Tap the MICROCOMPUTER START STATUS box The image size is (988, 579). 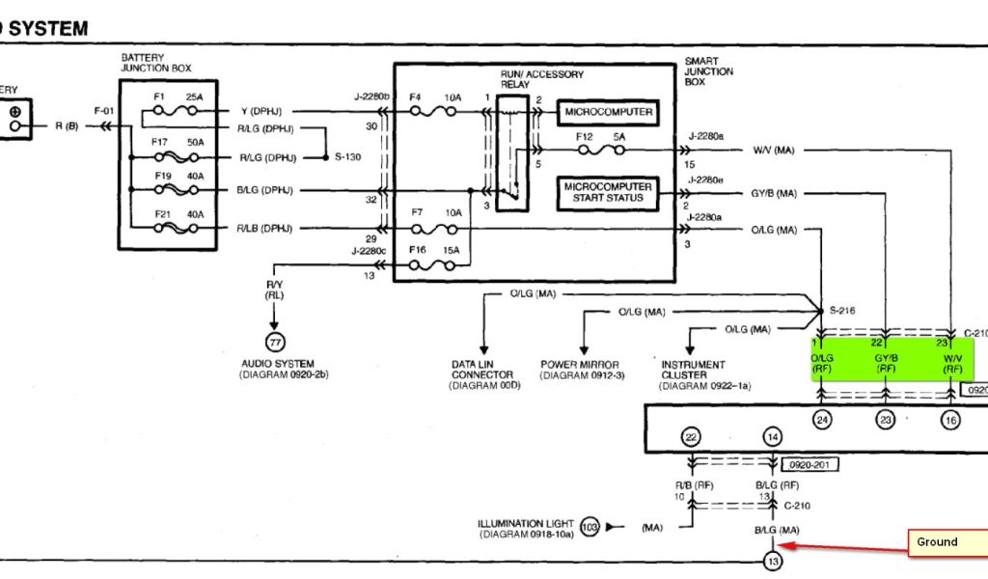(607, 193)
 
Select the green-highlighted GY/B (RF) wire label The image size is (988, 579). (886, 362)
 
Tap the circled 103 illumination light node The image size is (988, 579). (590, 527)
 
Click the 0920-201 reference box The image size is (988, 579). (810, 464)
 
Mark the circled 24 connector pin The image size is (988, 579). (821, 420)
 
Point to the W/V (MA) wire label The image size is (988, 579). (774, 150)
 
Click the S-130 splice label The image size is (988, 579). (347, 156)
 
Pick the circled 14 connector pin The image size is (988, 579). (772, 438)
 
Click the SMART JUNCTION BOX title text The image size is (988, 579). (708, 71)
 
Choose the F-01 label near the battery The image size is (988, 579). (104, 112)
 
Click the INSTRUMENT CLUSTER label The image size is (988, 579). (692, 371)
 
